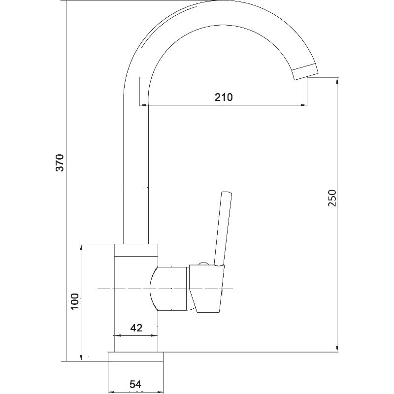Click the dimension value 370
coord(60,163)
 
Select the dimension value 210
coord(224,97)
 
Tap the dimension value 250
coord(331,198)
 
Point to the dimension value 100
coord(75,301)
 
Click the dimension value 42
coord(136,328)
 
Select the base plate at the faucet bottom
coord(136,357)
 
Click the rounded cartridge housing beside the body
coord(169,289)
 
